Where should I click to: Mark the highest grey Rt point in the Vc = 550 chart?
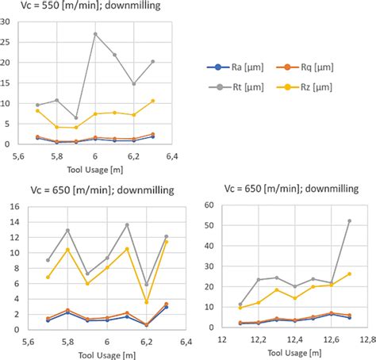point(96,34)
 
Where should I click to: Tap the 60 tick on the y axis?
point(210,205)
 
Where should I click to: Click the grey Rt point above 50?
point(349,221)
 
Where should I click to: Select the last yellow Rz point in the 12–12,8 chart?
point(349,274)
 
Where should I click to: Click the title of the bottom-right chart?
point(290,188)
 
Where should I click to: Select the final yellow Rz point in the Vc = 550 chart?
point(153,101)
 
